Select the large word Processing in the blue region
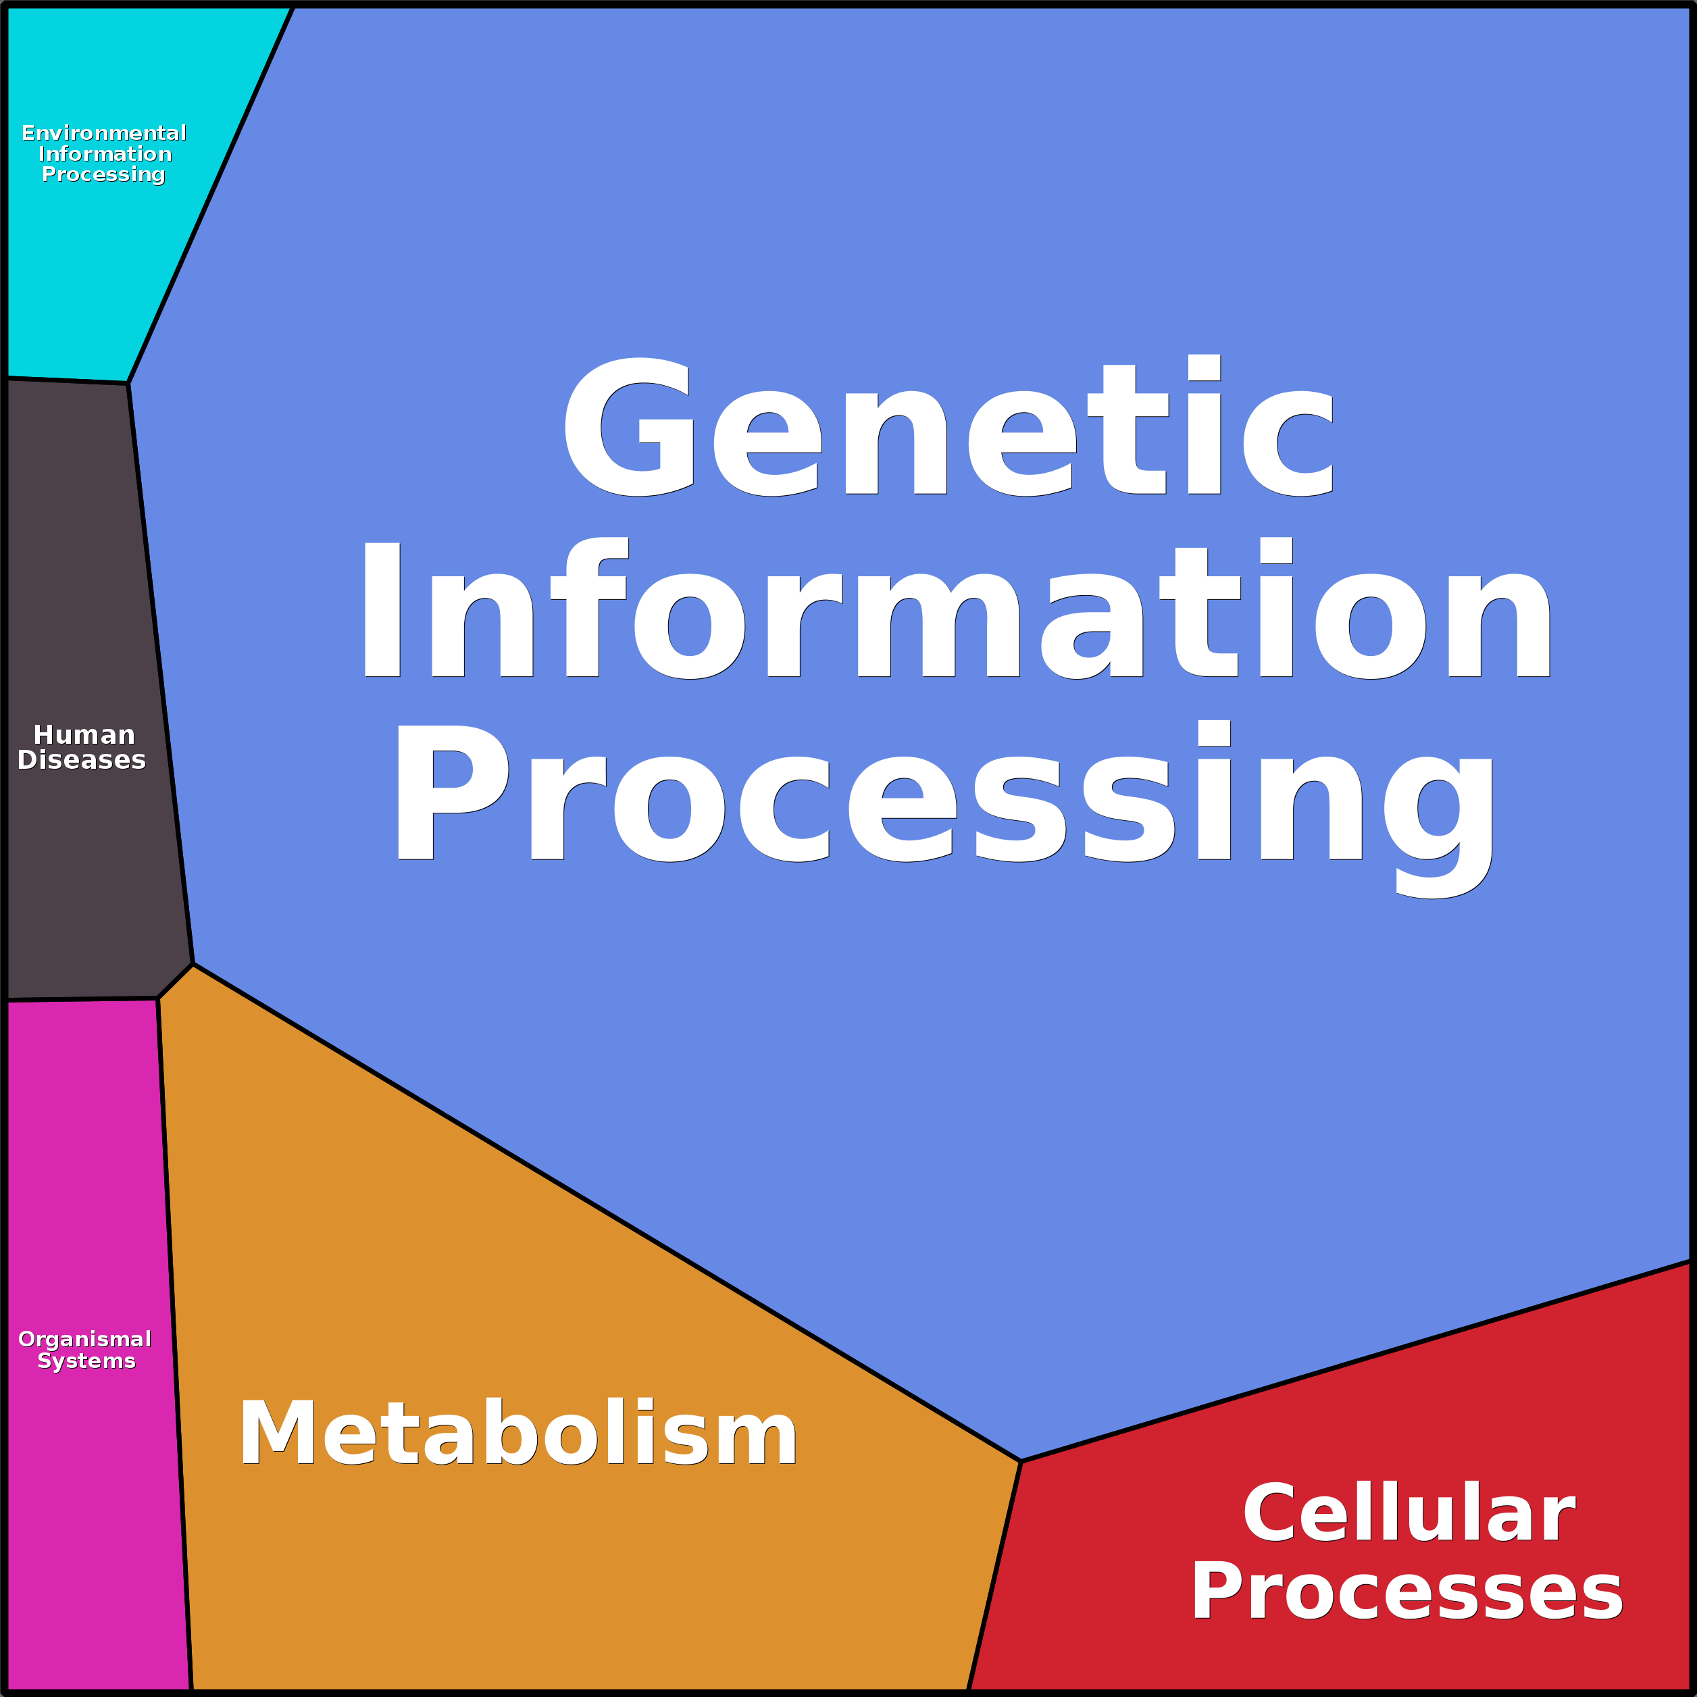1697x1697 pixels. click(x=944, y=795)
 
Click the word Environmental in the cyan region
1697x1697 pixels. click(x=103, y=132)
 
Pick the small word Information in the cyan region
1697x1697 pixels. click(x=105, y=154)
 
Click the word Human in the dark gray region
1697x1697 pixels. click(x=84, y=734)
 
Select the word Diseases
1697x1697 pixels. click(x=82, y=760)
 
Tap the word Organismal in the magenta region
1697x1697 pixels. click(x=85, y=1339)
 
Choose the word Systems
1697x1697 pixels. click(x=86, y=1361)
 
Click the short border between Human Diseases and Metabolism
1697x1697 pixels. click(x=176, y=981)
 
